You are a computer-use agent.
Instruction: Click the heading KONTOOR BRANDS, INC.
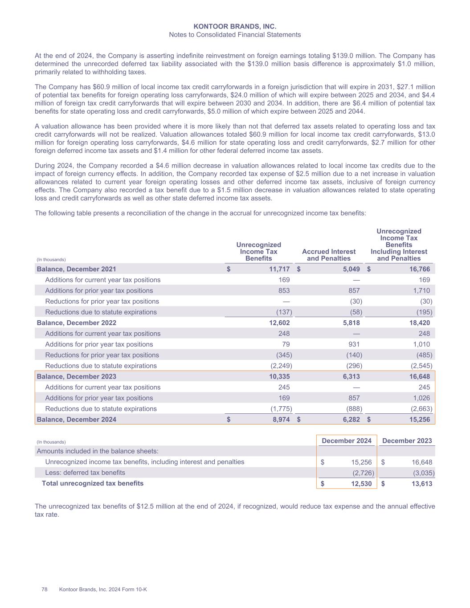[235, 27]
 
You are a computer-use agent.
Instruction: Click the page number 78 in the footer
[45, 589]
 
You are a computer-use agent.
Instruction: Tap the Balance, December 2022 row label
[76, 323]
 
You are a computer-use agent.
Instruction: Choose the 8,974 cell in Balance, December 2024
[280, 420]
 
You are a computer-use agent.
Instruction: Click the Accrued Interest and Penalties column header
[329, 255]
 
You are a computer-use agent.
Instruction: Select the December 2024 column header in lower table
[347, 441]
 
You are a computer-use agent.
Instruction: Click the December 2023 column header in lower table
[407, 441]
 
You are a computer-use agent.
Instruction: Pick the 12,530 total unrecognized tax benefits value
[361, 484]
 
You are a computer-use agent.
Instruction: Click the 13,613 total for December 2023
[421, 484]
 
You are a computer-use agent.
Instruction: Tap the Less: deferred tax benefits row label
[85, 473]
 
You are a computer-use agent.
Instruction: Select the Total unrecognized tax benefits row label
[93, 483]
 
